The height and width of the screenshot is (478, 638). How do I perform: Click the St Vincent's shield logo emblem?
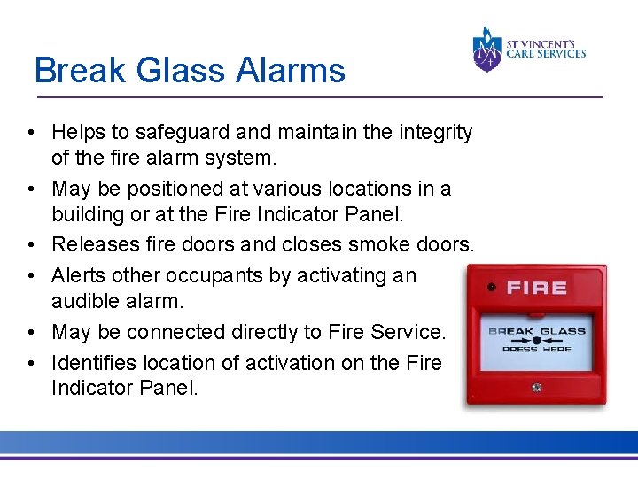[x=486, y=49]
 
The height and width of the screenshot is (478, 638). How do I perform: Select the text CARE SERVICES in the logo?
[x=546, y=54]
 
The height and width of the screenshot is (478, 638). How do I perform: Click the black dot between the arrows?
[x=537, y=339]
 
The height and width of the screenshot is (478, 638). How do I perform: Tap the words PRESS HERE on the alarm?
[x=537, y=349]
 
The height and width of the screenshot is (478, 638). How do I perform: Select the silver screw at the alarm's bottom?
[x=537, y=387]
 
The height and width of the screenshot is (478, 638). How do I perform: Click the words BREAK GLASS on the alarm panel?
[x=537, y=330]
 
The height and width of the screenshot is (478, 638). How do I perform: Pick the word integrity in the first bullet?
[x=433, y=133]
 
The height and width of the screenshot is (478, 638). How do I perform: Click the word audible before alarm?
[x=86, y=301]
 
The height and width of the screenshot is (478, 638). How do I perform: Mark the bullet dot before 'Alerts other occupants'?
[x=31, y=276]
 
